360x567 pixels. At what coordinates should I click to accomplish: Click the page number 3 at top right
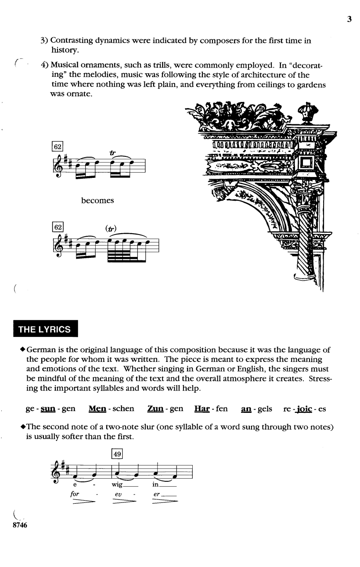[349, 19]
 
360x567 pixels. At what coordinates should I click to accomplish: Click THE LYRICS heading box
[45, 329]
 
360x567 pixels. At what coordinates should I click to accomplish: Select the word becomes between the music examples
[97, 200]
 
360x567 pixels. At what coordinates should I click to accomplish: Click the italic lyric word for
[75, 494]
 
